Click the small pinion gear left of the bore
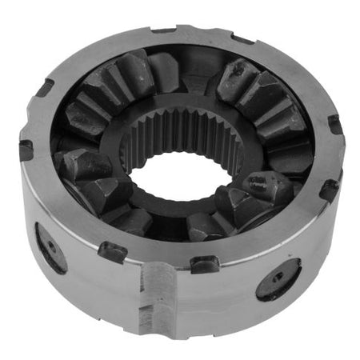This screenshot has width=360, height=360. click(88, 168)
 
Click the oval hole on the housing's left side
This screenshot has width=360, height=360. click(50, 246)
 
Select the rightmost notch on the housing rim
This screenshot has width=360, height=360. click(334, 124)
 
